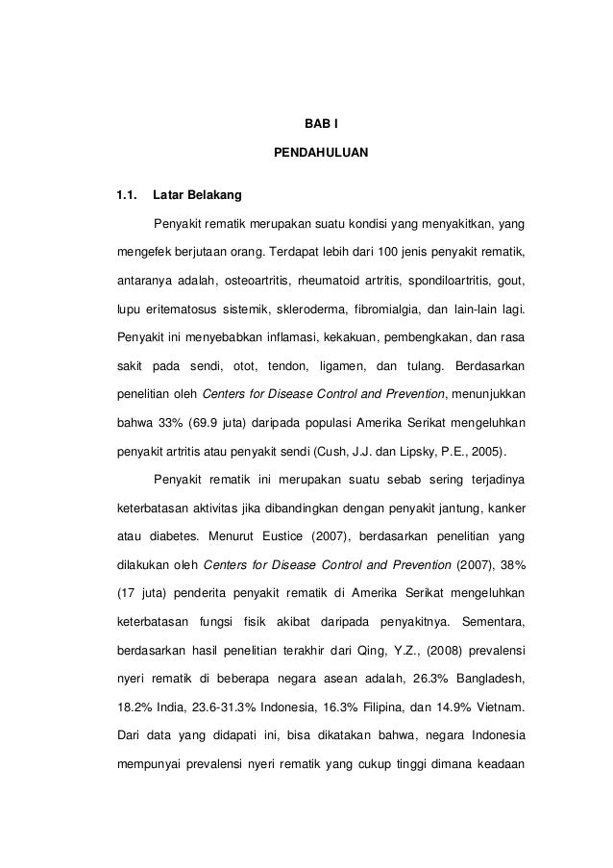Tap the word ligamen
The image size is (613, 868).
[337, 366]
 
